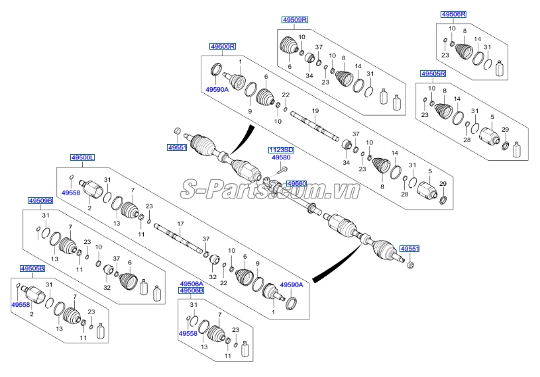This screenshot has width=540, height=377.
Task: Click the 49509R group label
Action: tap(295, 20)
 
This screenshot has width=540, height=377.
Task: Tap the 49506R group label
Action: tap(453, 14)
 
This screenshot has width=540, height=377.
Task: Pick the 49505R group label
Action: tap(433, 73)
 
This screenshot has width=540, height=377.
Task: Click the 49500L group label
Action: tap(83, 157)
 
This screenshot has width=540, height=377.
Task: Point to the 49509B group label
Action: tap(40, 200)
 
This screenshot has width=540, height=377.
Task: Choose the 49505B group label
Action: tap(31, 269)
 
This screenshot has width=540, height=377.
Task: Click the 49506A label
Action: tap(191, 283)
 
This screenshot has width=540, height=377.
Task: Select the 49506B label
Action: tap(191, 290)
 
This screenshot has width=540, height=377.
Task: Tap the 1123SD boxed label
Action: tap(281, 150)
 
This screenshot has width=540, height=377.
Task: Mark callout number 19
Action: tap(315, 110)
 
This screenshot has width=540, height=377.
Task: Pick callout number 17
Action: tap(180, 224)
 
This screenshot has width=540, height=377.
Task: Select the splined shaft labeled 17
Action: tap(177, 237)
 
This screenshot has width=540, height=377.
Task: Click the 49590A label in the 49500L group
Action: tap(291, 284)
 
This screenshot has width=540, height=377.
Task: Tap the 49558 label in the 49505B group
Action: tap(20, 305)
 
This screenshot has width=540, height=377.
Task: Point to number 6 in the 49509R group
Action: tap(290, 67)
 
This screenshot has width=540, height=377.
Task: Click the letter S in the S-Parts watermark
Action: tap(191, 190)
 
